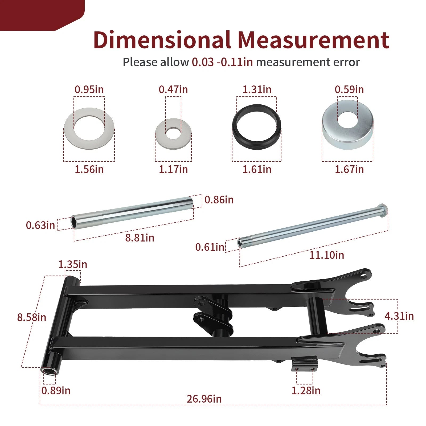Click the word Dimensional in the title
coord(162,40)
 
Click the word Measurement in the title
coord(313,40)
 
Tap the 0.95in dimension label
coord(89,89)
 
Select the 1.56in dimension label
coord(89,169)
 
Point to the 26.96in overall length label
coord(204,399)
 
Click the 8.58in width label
coord(32,317)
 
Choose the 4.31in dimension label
coord(399,316)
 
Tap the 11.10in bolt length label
coord(327,255)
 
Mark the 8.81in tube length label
coord(140,238)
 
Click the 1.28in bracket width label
coord(306,391)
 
